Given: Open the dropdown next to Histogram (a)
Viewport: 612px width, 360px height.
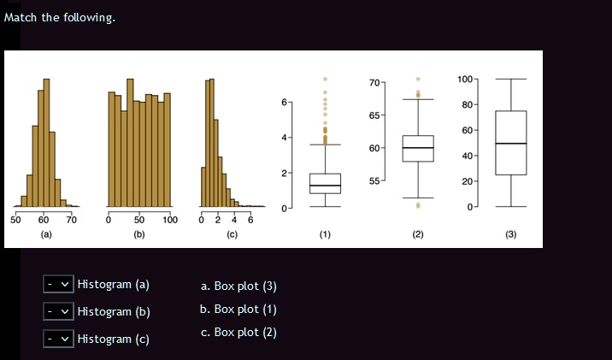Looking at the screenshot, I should pyautogui.click(x=59, y=284).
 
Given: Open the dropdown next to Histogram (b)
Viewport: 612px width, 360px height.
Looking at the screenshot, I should pyautogui.click(x=59, y=311).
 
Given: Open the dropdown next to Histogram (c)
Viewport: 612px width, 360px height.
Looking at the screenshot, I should pyautogui.click(x=59, y=339).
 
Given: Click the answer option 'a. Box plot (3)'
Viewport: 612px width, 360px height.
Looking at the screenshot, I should pyautogui.click(x=238, y=286).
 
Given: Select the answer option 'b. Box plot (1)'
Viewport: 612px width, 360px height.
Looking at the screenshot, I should pyautogui.click(x=238, y=309).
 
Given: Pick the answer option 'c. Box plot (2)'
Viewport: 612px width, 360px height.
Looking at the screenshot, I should pyautogui.click(x=238, y=332).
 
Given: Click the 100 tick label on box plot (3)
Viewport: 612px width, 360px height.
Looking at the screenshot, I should pyautogui.click(x=464, y=80).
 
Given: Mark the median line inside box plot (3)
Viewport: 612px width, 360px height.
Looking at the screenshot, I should pyautogui.click(x=511, y=144).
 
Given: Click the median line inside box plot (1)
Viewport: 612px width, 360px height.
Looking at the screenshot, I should pyautogui.click(x=325, y=186).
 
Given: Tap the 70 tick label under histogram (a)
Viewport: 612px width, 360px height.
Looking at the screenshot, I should pyautogui.click(x=72, y=221).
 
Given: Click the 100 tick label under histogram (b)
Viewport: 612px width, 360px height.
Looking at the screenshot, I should pyautogui.click(x=169, y=221).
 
